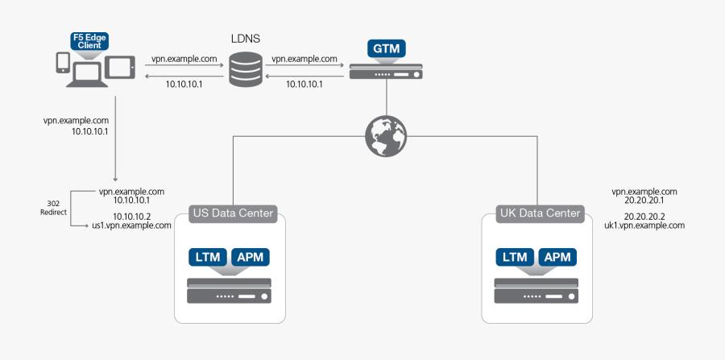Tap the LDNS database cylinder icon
pyautogui.click(x=245, y=70)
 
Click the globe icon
pyautogui.click(x=387, y=134)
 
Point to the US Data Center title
pyautogui.click(x=233, y=214)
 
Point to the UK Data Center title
pyautogui.click(x=539, y=214)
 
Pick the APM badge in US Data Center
pyautogui.click(x=250, y=257)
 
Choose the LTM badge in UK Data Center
pyautogui.click(x=514, y=257)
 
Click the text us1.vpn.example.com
pyautogui.click(x=131, y=226)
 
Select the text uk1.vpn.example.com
pyautogui.click(x=644, y=226)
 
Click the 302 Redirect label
pyautogui.click(x=54, y=207)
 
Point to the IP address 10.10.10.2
pyautogui.click(x=131, y=217)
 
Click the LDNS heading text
pyautogui.click(x=245, y=38)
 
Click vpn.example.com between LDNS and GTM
pyautogui.click(x=304, y=59)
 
